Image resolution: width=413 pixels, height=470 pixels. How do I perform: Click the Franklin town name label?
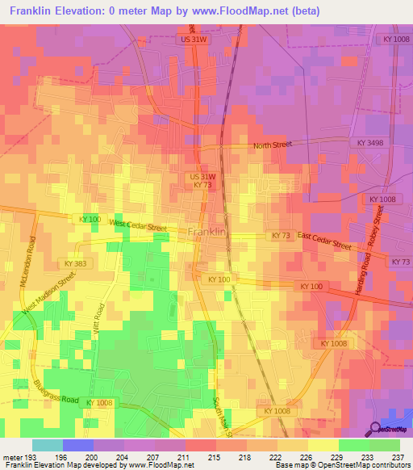[206, 232]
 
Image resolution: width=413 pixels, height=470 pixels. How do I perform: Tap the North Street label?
[271, 145]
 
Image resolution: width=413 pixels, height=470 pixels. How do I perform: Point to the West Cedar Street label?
[138, 226]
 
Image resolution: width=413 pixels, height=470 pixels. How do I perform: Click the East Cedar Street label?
[324, 240]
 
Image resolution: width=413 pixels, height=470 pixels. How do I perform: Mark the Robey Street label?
[378, 227]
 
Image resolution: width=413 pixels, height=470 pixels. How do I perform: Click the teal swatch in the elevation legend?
[48, 445]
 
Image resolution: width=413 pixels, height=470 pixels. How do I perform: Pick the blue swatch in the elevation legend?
[78, 445]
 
